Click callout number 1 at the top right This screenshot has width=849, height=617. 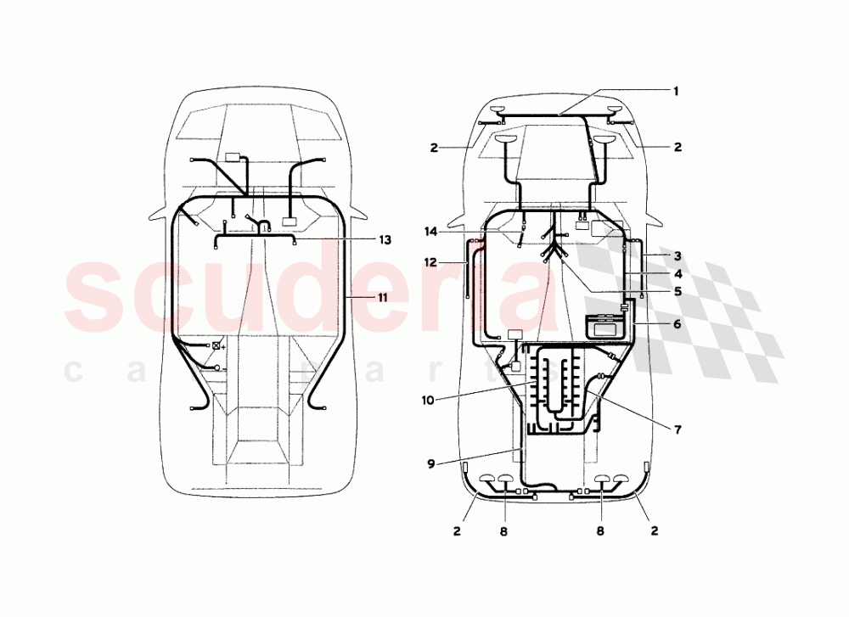pos(677,91)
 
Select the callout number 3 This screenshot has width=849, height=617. pos(677,255)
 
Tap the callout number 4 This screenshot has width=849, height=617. pos(677,274)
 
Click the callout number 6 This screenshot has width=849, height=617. pos(677,323)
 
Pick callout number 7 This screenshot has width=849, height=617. pos(677,429)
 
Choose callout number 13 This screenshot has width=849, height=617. pos(385,240)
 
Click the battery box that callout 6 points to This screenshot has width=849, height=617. pos(606,326)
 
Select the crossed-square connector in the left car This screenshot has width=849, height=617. pos(217,345)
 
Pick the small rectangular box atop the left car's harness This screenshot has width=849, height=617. pos(233,156)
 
